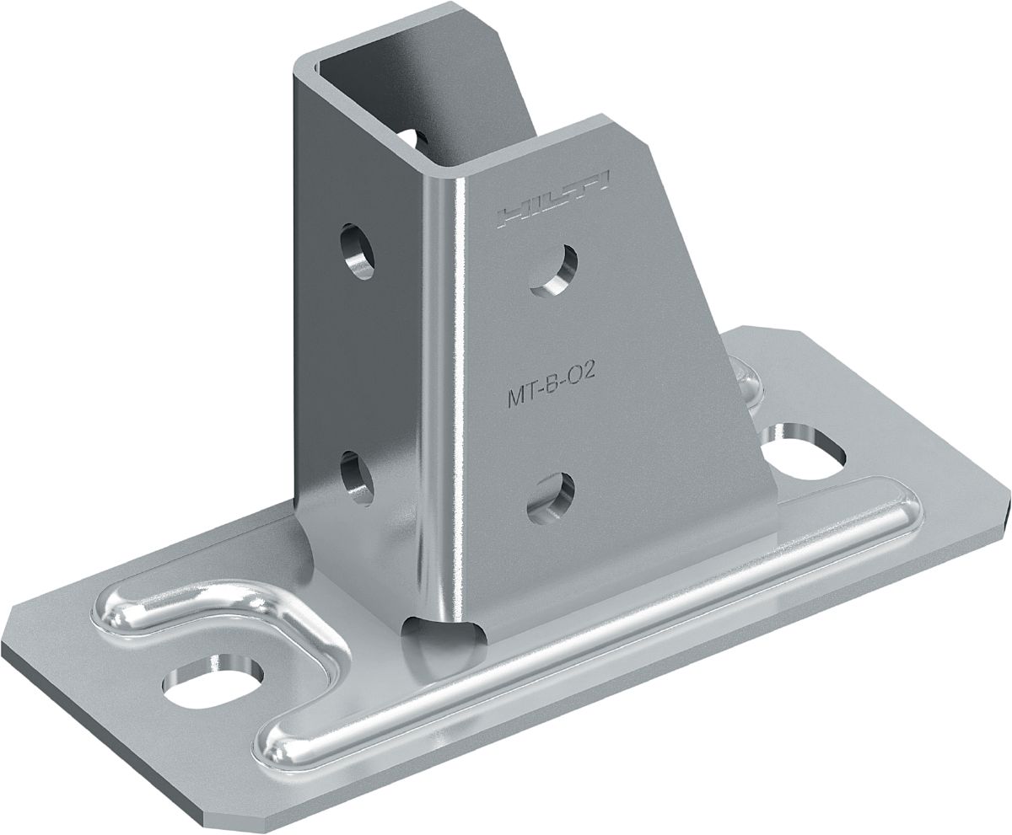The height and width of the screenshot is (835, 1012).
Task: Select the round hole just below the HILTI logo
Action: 554,270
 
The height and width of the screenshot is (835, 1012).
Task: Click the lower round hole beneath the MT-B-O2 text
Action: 552,494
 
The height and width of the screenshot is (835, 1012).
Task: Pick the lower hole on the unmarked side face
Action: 357,474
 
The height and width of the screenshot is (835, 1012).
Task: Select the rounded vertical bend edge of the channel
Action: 442,379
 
